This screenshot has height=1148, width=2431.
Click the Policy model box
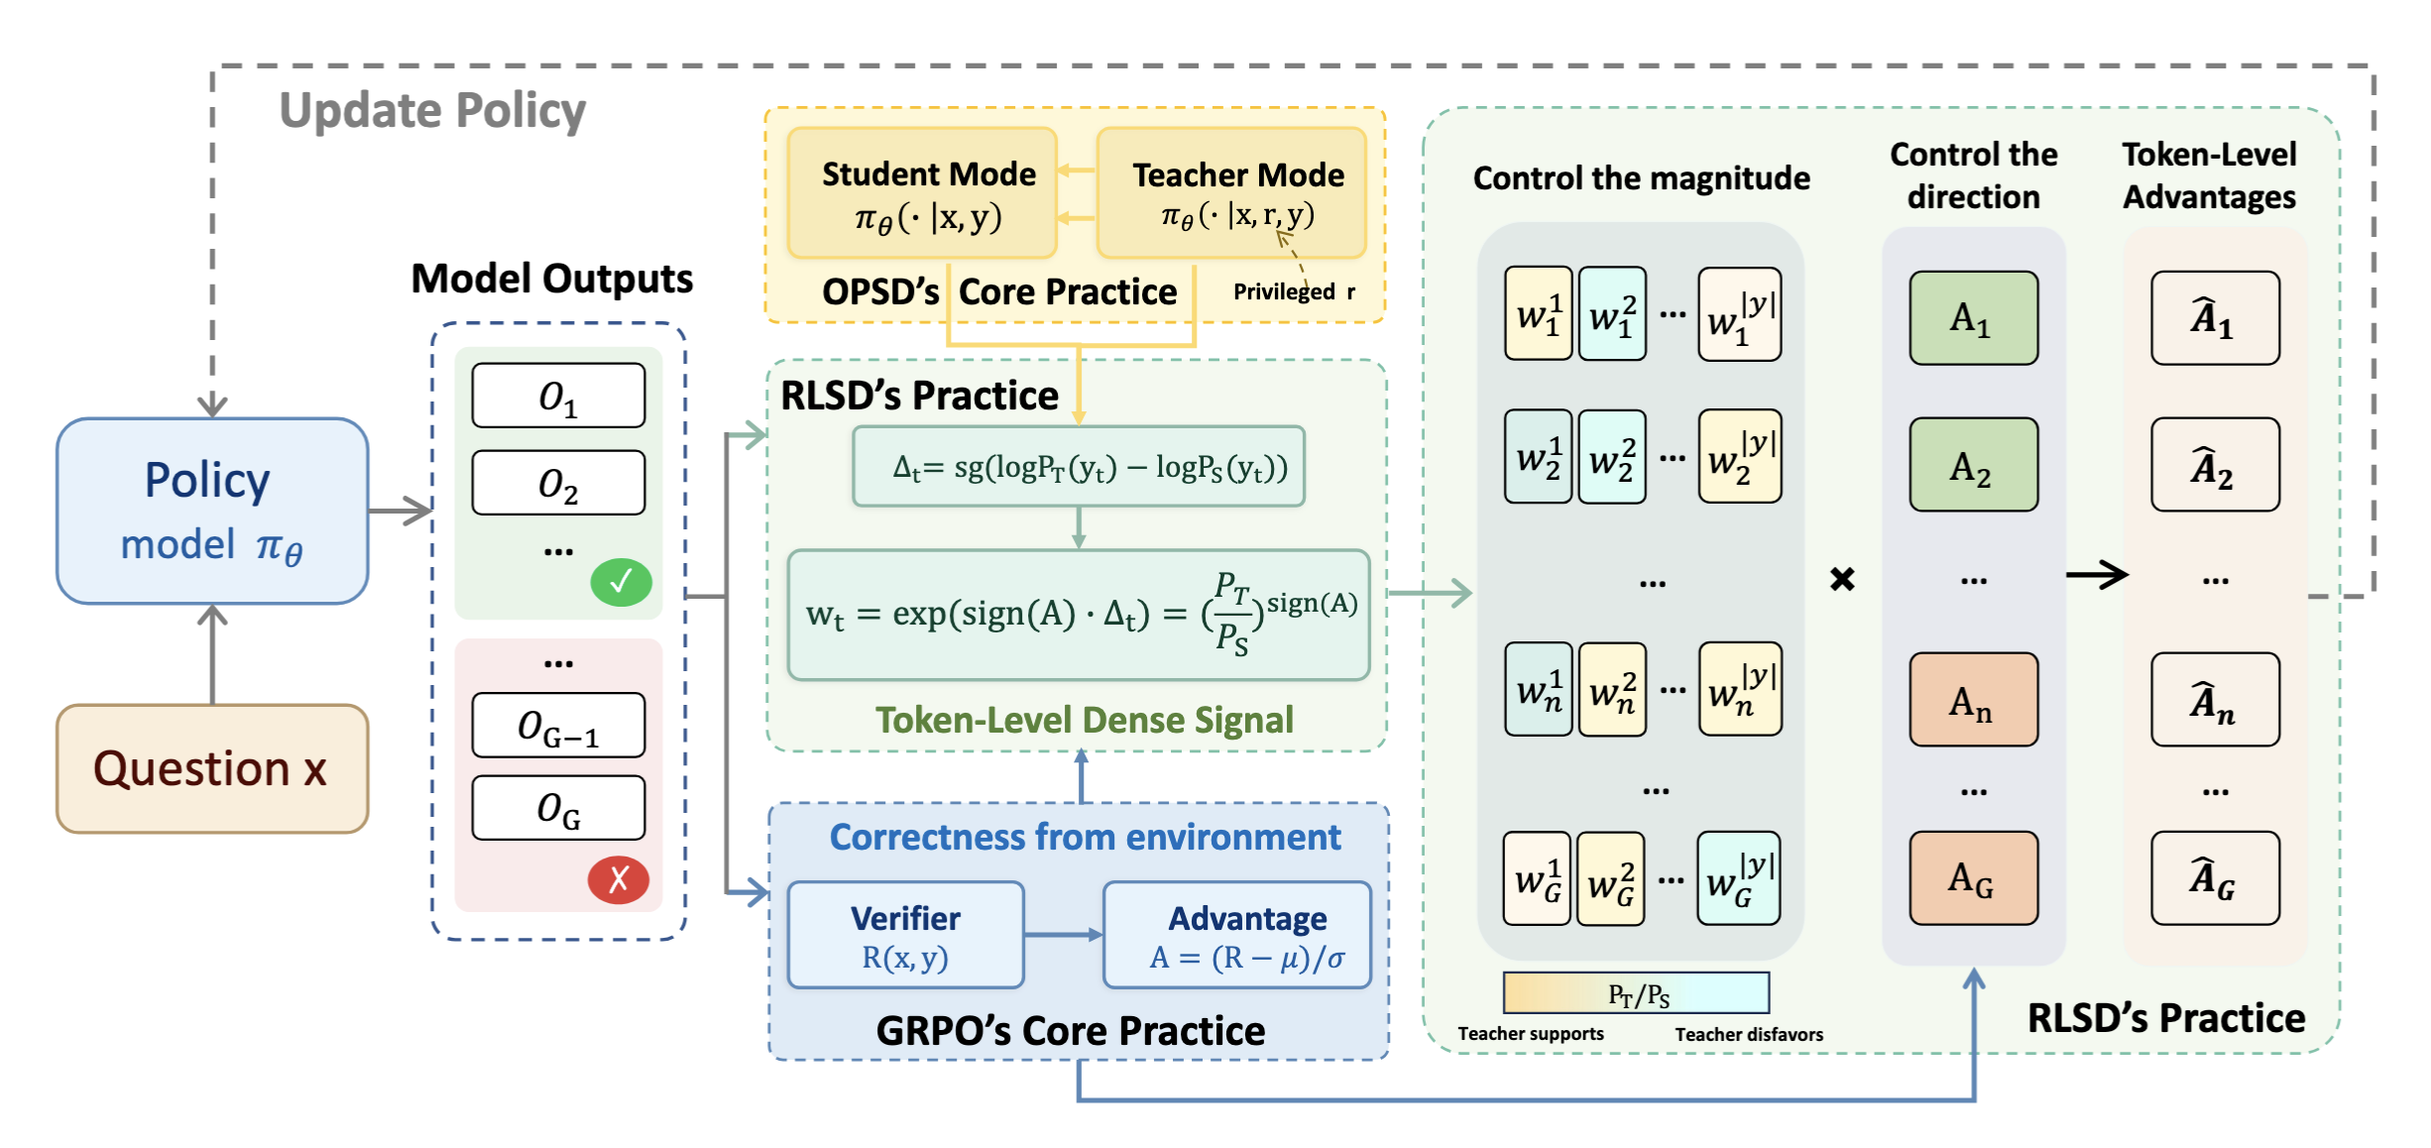[212, 511]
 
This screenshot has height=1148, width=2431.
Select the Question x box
[212, 768]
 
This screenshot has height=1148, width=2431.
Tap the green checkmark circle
[621, 582]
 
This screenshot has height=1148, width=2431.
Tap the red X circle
[619, 879]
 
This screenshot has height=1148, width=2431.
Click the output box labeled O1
[558, 396]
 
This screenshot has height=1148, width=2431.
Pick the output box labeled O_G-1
[558, 726]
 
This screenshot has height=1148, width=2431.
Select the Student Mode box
[922, 193]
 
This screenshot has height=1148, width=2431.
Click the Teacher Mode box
[1231, 193]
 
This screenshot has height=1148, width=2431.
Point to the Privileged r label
[1293, 291]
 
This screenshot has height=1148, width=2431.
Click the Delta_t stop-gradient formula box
[1079, 467]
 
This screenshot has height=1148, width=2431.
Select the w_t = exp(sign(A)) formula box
[1079, 615]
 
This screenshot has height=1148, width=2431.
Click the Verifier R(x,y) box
[905, 935]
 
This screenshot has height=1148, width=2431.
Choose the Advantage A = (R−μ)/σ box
[1237, 935]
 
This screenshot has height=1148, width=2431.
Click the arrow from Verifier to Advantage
[1063, 934]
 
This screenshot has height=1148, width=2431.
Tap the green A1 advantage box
[1973, 318]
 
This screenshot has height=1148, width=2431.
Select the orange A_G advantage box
[1973, 878]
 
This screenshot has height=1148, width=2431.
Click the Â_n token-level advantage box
[2215, 700]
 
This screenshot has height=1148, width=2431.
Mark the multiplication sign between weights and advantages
[1842, 578]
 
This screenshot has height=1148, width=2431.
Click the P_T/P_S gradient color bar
[1636, 992]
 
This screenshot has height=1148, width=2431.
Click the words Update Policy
[432, 111]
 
